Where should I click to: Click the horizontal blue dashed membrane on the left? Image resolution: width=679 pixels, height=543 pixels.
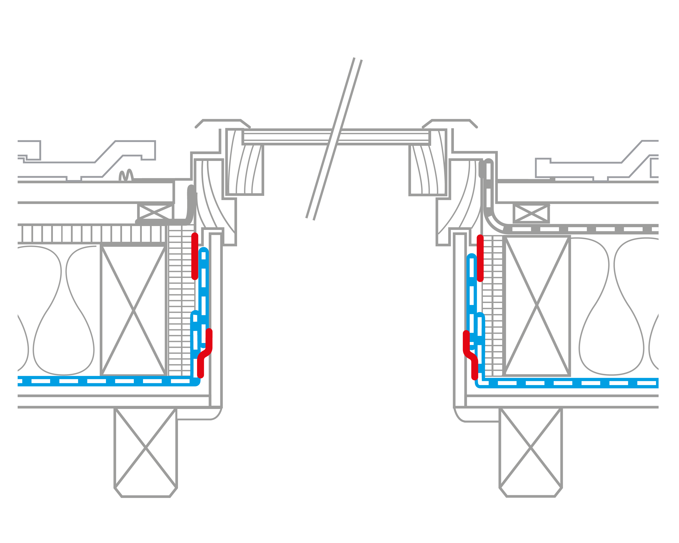coord(104,381)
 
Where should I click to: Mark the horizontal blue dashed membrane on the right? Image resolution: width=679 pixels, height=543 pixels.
coord(567,383)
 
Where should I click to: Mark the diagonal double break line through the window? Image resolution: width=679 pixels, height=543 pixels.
coord(334,138)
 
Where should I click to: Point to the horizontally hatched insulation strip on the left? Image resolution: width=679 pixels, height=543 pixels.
coord(181,299)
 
